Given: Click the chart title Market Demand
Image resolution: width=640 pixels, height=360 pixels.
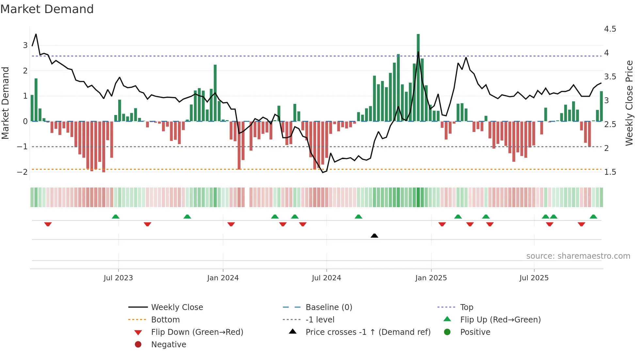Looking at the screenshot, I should (x=47, y=9).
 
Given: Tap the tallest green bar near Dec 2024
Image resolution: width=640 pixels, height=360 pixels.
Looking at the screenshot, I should (x=418, y=78).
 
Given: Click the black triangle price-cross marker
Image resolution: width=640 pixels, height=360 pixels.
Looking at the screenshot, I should (x=375, y=236).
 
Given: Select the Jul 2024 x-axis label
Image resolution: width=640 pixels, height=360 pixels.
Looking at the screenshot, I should (x=326, y=278).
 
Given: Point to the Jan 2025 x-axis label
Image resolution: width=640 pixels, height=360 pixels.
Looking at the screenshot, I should (x=431, y=278).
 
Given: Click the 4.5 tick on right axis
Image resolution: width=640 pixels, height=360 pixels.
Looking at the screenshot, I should (x=610, y=29).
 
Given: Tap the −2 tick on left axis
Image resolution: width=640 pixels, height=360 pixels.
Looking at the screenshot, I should (x=22, y=172).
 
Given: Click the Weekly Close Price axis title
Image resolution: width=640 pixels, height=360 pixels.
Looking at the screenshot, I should (x=629, y=103).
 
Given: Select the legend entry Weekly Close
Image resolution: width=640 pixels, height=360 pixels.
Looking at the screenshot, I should (x=177, y=307).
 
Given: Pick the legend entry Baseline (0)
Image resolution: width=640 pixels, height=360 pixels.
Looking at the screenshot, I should (x=328, y=307).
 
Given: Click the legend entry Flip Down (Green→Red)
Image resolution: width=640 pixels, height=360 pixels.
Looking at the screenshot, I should (x=197, y=332).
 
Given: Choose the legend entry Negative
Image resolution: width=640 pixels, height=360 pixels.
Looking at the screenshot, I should (x=168, y=345).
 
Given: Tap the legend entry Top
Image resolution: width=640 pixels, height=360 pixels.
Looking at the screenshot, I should (x=467, y=307).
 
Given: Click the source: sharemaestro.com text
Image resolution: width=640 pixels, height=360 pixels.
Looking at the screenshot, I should (x=578, y=256).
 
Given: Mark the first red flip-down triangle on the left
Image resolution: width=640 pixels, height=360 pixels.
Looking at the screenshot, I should (x=48, y=224).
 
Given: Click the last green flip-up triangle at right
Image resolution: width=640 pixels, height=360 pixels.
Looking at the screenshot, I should (x=593, y=217).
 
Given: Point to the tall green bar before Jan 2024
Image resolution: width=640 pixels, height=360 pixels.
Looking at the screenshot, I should (x=215, y=93).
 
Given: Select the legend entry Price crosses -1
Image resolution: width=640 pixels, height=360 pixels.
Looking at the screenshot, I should (x=368, y=332).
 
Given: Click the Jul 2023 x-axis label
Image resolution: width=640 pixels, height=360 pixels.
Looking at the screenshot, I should (x=118, y=278).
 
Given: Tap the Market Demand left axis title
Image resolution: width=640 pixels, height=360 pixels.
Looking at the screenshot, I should (x=5, y=103).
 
